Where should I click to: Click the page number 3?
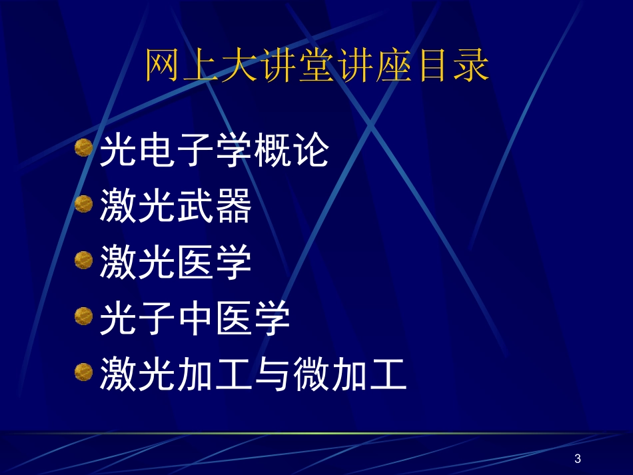577,458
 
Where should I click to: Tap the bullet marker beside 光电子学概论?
83,147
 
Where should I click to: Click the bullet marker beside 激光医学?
83,259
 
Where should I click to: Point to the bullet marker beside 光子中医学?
83,315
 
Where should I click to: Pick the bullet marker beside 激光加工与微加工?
83,371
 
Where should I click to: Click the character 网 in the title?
162,67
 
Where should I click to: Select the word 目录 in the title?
448,67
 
